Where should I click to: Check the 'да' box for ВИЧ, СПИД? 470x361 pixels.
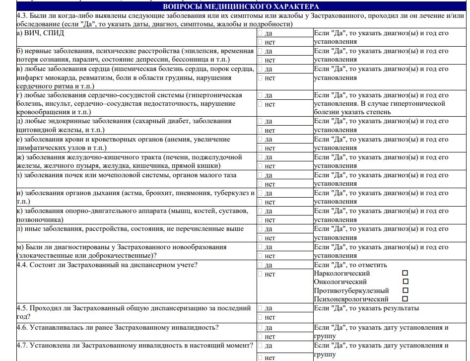[x=261, y=33]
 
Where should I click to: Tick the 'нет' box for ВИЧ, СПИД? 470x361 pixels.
[x=261, y=42]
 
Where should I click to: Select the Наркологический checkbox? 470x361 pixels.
[x=405, y=273]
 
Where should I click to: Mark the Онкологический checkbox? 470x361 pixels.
[x=405, y=282]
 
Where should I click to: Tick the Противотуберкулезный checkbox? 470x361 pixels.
[x=405, y=290]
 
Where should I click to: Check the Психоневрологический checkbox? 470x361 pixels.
[x=405, y=299]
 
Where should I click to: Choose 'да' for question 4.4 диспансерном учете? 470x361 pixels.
[x=261, y=265]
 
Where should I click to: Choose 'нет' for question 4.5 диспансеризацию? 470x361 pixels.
[x=261, y=317]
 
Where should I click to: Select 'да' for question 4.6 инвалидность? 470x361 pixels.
[x=261, y=328]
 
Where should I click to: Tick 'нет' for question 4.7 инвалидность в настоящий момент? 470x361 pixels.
[x=261, y=357]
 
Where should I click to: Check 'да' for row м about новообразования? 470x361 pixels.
[x=261, y=247]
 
